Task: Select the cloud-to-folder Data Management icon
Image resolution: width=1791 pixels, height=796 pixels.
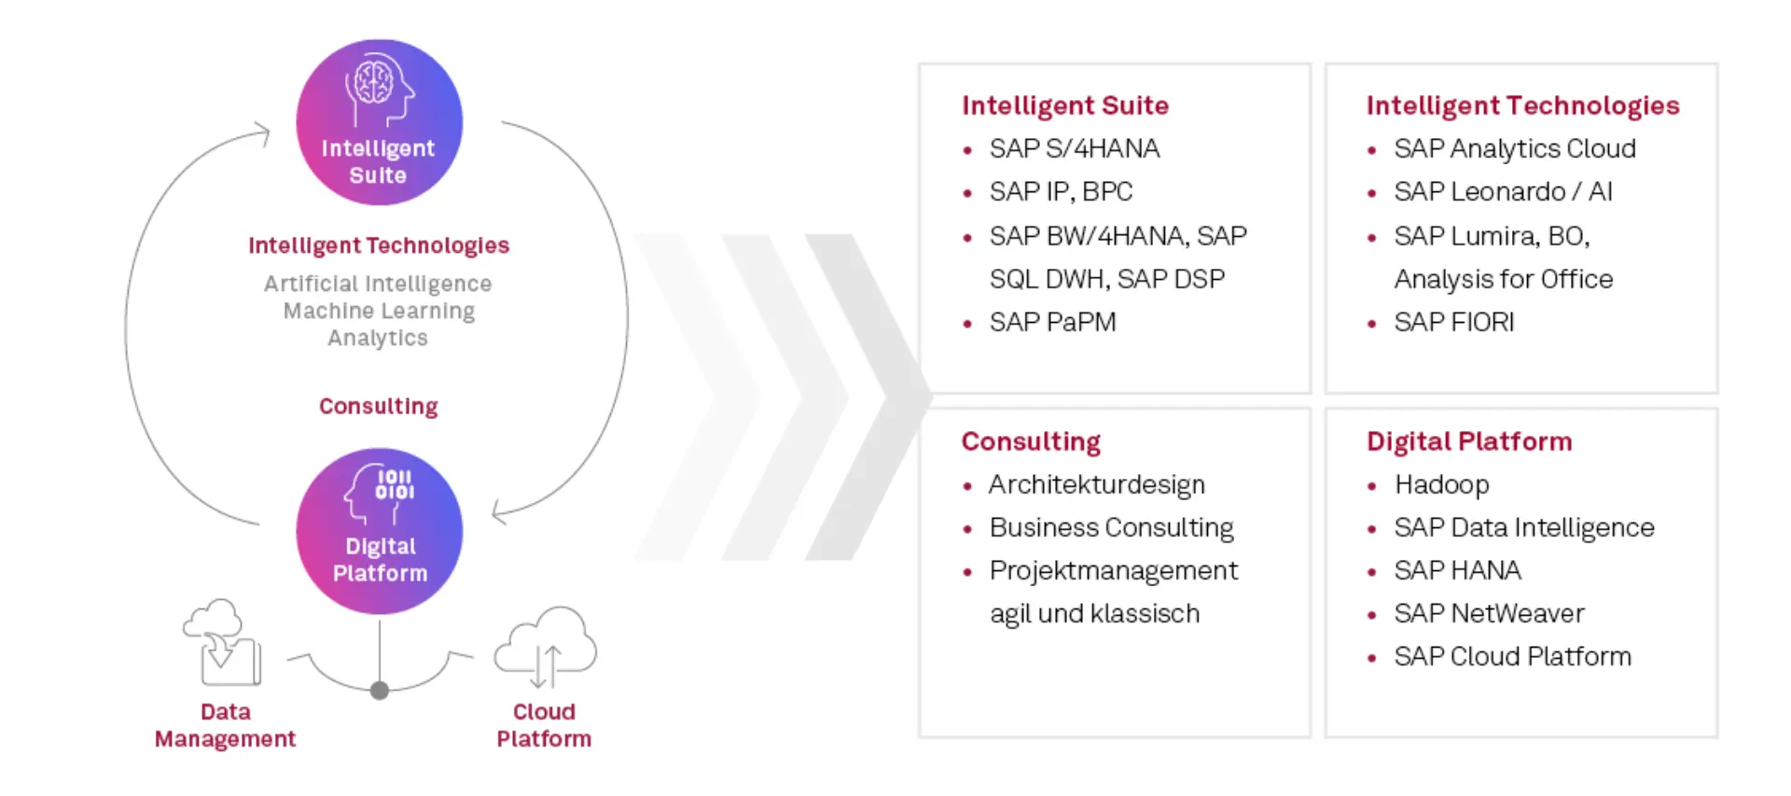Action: tap(222, 643)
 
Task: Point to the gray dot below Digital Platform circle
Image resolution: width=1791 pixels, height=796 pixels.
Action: tap(380, 691)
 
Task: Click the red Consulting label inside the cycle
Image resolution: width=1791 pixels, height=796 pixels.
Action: tap(378, 406)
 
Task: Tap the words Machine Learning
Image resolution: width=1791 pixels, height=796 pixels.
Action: tap(379, 311)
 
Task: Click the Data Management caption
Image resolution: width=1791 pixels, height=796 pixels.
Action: tap(225, 725)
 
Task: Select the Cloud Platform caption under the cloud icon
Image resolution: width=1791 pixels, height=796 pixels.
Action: tap(544, 725)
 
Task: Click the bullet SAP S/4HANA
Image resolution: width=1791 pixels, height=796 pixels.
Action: tap(1074, 148)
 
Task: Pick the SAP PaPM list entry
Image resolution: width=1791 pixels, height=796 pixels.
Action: tap(1052, 322)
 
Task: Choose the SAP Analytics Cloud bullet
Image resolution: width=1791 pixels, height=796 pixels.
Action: tap(1514, 148)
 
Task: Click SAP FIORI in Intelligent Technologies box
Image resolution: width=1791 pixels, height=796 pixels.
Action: tap(1453, 322)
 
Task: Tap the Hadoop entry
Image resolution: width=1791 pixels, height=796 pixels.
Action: tap(1441, 484)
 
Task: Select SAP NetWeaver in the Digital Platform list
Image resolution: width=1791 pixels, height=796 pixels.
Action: tap(1489, 613)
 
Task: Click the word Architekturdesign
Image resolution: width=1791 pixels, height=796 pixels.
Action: tap(1097, 484)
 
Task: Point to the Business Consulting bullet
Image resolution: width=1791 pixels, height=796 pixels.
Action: tap(1111, 527)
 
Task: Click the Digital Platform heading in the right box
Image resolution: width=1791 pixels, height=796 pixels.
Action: tap(1469, 441)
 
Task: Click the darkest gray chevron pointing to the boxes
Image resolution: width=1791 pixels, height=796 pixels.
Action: tap(872, 397)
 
